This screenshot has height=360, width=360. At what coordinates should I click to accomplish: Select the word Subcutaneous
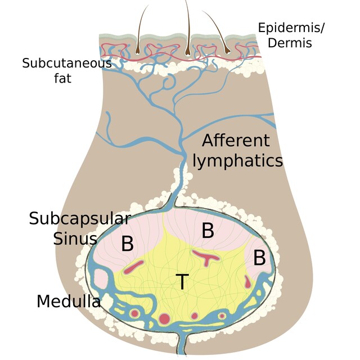point(67,62)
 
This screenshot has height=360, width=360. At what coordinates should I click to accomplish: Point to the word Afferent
point(236,141)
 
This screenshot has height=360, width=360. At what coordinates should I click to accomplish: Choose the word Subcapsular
point(80,218)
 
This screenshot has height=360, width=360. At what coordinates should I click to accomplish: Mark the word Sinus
point(76,238)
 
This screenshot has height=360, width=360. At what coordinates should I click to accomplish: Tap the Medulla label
point(69,301)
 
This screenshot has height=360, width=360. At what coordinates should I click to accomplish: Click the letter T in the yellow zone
point(181,281)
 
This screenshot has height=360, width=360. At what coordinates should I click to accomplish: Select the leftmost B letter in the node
point(128,244)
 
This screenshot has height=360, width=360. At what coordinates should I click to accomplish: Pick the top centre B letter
point(208,231)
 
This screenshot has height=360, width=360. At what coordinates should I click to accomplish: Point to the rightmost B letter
point(259,258)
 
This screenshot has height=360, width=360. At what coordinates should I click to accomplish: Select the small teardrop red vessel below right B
point(247,280)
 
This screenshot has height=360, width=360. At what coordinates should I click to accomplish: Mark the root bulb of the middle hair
point(188,47)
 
